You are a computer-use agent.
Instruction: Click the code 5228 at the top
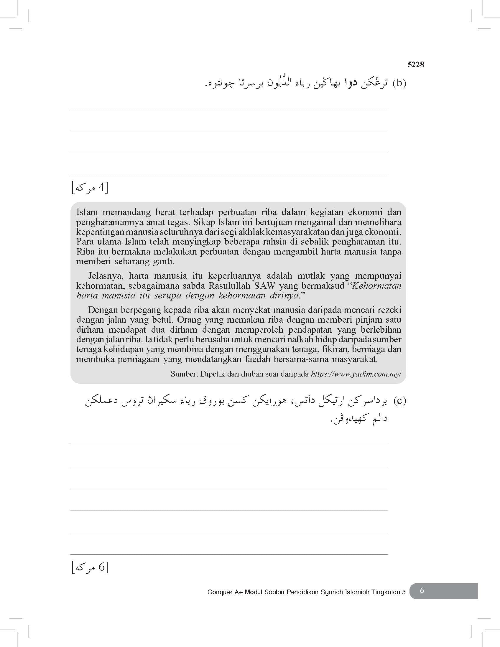(416, 65)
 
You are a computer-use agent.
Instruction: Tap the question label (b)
(399, 84)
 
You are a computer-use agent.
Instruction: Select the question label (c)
(399, 401)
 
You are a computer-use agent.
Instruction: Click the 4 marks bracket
(90, 188)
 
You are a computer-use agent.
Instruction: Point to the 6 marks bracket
(90, 567)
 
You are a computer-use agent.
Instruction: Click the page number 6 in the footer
(422, 590)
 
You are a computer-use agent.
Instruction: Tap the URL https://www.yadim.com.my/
(356, 374)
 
